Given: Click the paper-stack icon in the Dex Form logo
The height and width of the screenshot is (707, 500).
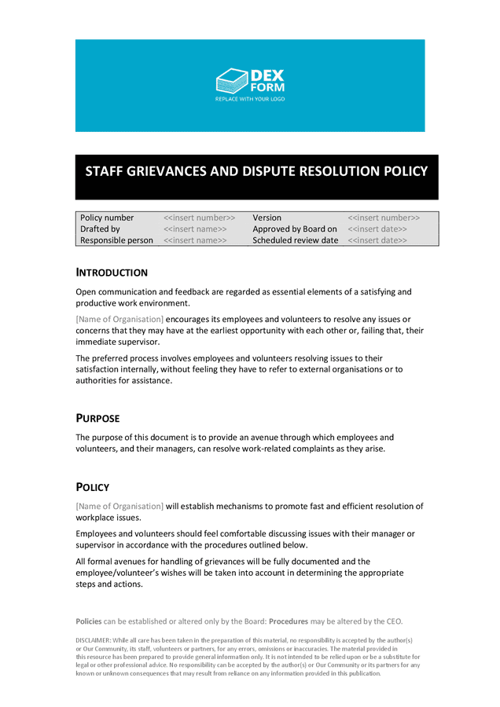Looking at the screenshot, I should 231,81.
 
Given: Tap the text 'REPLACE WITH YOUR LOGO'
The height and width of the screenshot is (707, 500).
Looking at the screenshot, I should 250,100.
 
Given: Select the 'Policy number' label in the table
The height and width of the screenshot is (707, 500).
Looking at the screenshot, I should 107,218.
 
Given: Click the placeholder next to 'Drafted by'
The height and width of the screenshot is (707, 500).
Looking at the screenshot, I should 195,229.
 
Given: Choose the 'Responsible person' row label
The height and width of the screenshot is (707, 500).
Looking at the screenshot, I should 116,240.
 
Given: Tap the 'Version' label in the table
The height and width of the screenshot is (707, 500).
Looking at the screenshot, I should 267,218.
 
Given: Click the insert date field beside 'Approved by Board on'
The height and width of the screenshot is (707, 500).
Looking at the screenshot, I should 377,229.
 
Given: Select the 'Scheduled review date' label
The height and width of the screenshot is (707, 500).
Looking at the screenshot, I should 295,240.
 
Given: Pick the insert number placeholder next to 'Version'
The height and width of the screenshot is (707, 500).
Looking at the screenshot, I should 384,218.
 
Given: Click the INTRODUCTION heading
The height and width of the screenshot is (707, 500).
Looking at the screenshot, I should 112,273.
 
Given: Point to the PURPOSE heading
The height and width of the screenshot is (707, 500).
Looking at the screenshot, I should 97,418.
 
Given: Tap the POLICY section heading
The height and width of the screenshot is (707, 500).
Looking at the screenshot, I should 92,487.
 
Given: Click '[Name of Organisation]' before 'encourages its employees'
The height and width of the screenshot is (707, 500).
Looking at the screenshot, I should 119,319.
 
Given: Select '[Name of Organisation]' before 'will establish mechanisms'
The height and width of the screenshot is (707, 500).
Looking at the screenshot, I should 119,506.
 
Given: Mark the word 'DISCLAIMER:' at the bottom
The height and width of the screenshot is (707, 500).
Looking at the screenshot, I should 94,640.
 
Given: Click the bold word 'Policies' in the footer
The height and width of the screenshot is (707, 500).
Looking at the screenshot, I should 89,621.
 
